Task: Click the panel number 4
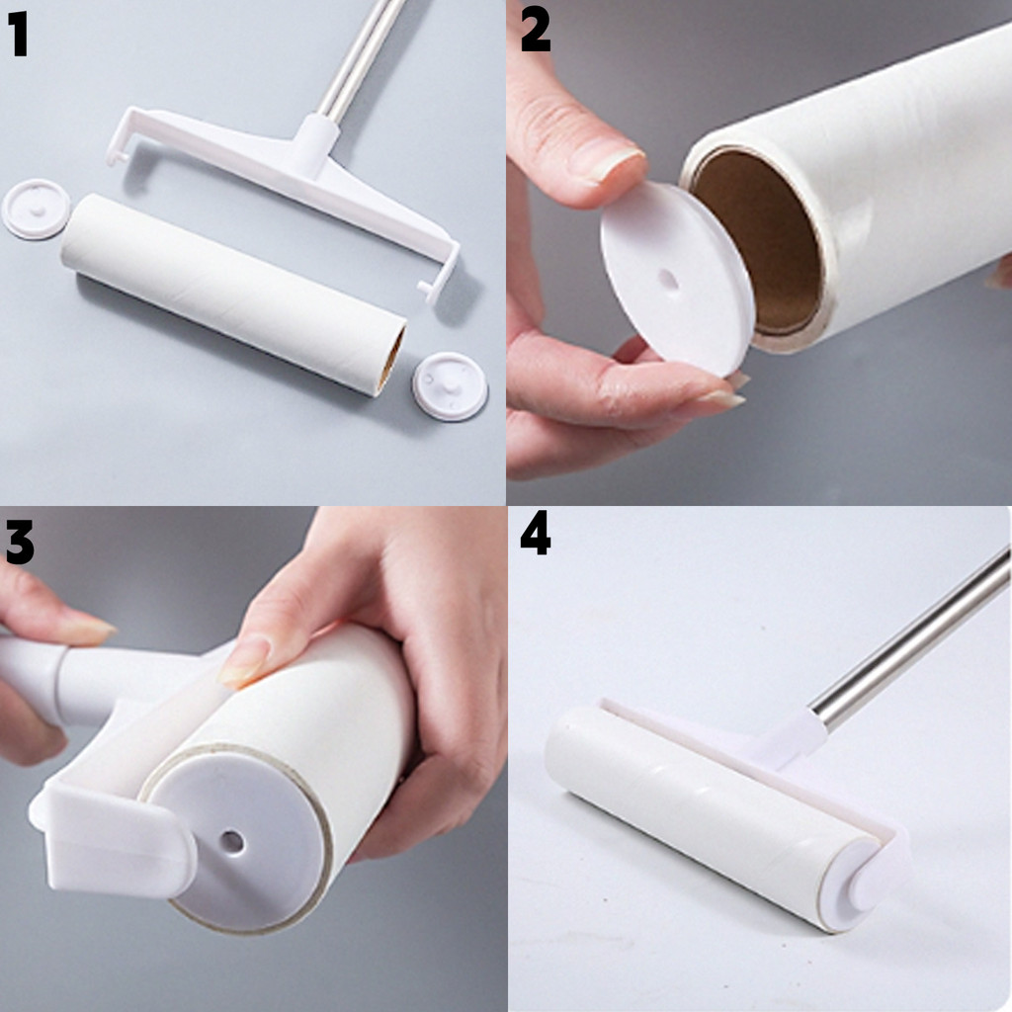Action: tap(535, 533)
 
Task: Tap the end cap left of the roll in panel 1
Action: tap(36, 210)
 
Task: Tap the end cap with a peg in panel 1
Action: tap(450, 386)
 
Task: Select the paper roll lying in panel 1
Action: tap(233, 294)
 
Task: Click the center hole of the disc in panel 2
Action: tap(668, 280)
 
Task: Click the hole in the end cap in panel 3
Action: tap(231, 841)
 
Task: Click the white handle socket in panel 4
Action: tap(798, 735)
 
